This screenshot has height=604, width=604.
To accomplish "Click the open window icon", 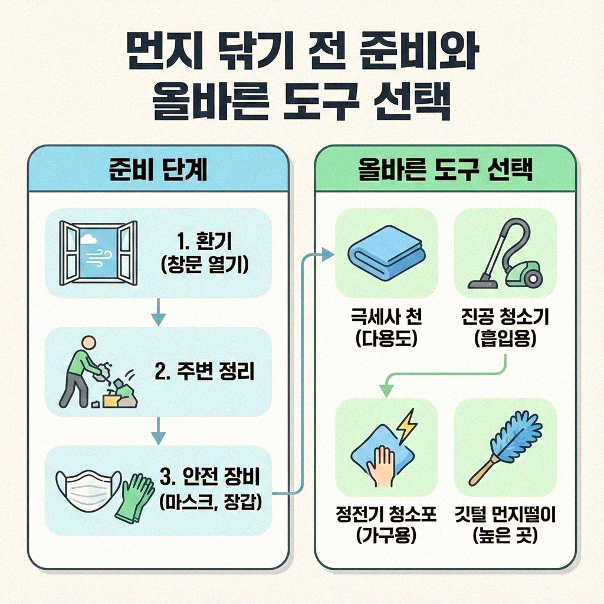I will (99, 252).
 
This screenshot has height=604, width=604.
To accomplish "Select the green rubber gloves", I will (134, 497).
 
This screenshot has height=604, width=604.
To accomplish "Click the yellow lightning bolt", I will (406, 426).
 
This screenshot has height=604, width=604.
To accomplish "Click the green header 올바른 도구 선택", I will (445, 170).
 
